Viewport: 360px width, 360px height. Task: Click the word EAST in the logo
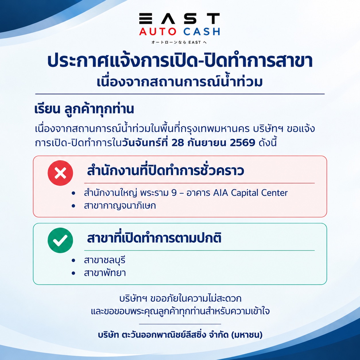point(179,18)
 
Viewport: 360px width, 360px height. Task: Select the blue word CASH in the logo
point(202,32)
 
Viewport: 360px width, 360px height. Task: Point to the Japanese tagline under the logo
point(179,42)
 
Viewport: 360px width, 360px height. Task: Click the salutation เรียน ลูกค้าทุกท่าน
point(84,109)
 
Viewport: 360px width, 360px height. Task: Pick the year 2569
point(243,143)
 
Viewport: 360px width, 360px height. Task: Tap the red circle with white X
point(60,173)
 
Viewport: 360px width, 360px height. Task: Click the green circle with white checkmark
point(60,240)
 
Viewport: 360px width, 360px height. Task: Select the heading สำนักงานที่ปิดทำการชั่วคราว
point(166,171)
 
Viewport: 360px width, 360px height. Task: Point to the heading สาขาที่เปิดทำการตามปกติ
point(154,238)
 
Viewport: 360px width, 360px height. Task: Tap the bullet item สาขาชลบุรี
point(104,260)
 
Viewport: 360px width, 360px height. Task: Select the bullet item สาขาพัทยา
point(105,273)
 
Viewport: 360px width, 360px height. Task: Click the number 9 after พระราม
point(174,193)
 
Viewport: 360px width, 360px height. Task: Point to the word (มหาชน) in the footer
point(247,334)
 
